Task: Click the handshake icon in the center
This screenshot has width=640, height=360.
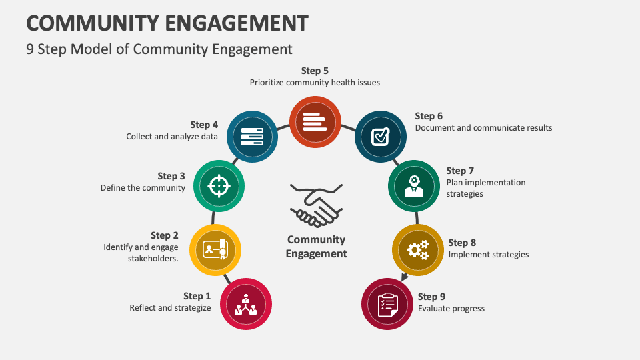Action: [x=316, y=205]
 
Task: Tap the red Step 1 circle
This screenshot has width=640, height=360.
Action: [x=245, y=303]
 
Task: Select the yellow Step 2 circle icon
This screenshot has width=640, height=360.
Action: [x=215, y=250]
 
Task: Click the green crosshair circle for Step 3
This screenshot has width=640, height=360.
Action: [x=219, y=185]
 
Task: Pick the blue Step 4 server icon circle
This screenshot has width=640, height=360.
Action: [x=251, y=137]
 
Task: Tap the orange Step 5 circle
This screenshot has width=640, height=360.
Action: [x=315, y=121]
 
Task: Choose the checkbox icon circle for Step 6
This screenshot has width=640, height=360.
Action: [x=380, y=137]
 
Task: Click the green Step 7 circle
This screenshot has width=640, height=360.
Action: [x=414, y=185]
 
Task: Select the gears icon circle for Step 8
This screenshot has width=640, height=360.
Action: [x=418, y=250]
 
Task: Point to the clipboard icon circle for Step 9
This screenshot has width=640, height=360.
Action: [x=387, y=303]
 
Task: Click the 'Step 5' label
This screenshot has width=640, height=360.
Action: [x=315, y=71]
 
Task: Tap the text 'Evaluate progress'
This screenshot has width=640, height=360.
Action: [x=451, y=309]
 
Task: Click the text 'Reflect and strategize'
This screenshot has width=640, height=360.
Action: [x=170, y=308]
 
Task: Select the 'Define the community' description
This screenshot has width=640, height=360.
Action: [x=143, y=188]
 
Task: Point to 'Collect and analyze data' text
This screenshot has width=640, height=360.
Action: [x=172, y=137]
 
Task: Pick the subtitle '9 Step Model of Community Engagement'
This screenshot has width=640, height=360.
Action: [x=159, y=49]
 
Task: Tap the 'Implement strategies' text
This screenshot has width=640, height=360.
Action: [x=489, y=255]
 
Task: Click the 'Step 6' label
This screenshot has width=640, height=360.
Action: [x=429, y=116]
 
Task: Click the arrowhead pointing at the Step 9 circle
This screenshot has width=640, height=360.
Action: [x=405, y=275]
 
